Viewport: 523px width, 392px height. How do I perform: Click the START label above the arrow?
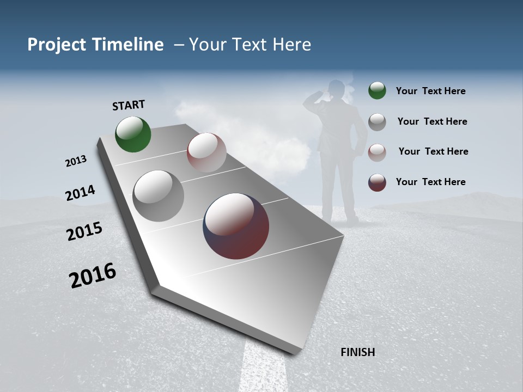(129, 105)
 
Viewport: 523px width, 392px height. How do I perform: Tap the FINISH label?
(357, 352)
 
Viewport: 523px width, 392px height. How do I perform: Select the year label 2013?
(76, 161)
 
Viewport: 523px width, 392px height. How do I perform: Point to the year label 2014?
(80, 193)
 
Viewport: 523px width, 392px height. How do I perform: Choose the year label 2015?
(84, 231)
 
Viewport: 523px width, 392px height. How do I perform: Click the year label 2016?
(93, 275)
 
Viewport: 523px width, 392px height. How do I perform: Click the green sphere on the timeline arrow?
(133, 134)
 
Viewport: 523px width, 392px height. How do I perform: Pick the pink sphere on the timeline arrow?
(206, 152)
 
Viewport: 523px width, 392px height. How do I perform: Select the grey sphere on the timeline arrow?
(158, 196)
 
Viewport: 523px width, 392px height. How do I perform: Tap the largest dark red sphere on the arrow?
(236, 226)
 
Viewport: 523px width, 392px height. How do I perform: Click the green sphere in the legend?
(377, 90)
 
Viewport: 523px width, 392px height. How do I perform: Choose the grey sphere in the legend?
(377, 122)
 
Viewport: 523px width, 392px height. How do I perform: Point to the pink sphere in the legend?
(377, 152)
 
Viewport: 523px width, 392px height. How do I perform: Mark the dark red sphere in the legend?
(377, 182)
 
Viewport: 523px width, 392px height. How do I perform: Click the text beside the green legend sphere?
(430, 91)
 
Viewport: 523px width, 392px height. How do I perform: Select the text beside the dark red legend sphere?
(430, 182)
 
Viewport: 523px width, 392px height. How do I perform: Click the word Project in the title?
(57, 45)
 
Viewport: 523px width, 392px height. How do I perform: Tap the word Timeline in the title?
(127, 45)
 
